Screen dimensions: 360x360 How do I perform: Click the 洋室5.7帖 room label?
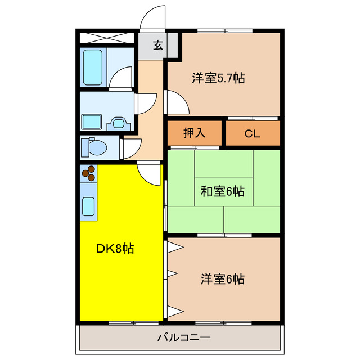coord(218,78)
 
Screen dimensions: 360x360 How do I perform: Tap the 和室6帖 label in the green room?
coord(223,191)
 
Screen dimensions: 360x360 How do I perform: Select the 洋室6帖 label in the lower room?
coord(223,278)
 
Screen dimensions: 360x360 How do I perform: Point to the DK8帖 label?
coord(116,248)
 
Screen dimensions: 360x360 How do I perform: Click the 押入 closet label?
coord(195,133)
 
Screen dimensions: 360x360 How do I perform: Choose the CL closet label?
coord(253,133)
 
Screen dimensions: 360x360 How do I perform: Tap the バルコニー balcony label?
coord(183,338)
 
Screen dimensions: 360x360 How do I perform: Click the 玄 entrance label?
coord(158,46)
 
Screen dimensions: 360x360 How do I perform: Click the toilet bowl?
coord(95,147)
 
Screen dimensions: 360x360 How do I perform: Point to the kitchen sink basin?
coord(89,207)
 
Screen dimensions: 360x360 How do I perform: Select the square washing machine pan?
coord(91,121)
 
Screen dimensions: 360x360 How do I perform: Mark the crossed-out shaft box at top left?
coord(106,38)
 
